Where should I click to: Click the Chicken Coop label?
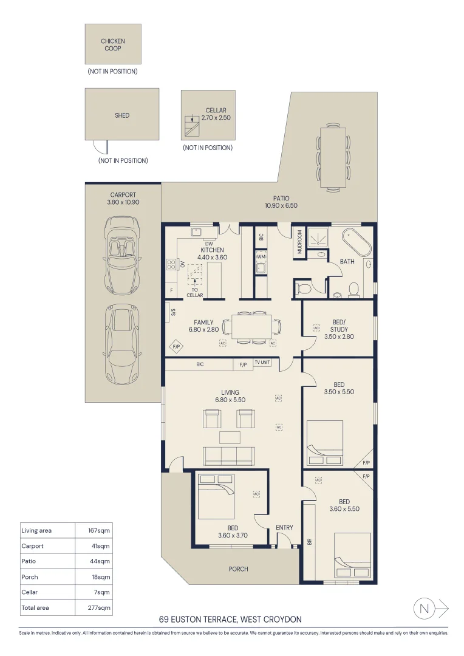[x=113, y=45]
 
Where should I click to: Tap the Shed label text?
[x=122, y=115]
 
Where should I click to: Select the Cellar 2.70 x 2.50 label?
[x=216, y=114]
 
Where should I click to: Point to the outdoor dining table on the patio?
[x=333, y=157]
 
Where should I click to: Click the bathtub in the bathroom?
[x=356, y=243]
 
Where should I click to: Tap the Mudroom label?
[x=299, y=242]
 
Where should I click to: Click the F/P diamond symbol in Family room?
[x=177, y=347]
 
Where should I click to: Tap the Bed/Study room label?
[x=339, y=332]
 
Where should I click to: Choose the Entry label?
[x=284, y=527]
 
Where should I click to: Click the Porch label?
[x=237, y=569]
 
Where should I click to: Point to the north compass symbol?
[x=425, y=608]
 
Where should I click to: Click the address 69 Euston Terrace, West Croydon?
[x=230, y=620]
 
